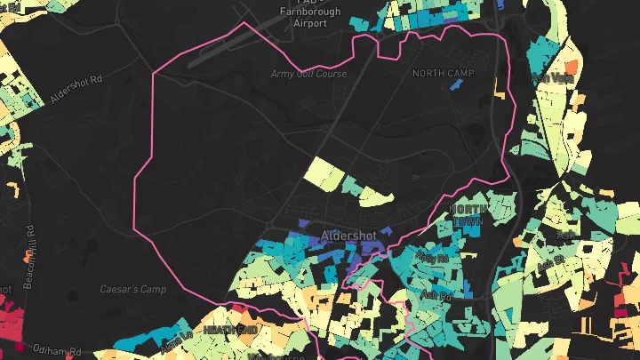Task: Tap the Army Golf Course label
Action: [308, 75]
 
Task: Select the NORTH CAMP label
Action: [444, 73]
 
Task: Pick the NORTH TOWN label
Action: [468, 213]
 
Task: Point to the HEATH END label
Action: [229, 330]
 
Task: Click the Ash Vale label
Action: [553, 78]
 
